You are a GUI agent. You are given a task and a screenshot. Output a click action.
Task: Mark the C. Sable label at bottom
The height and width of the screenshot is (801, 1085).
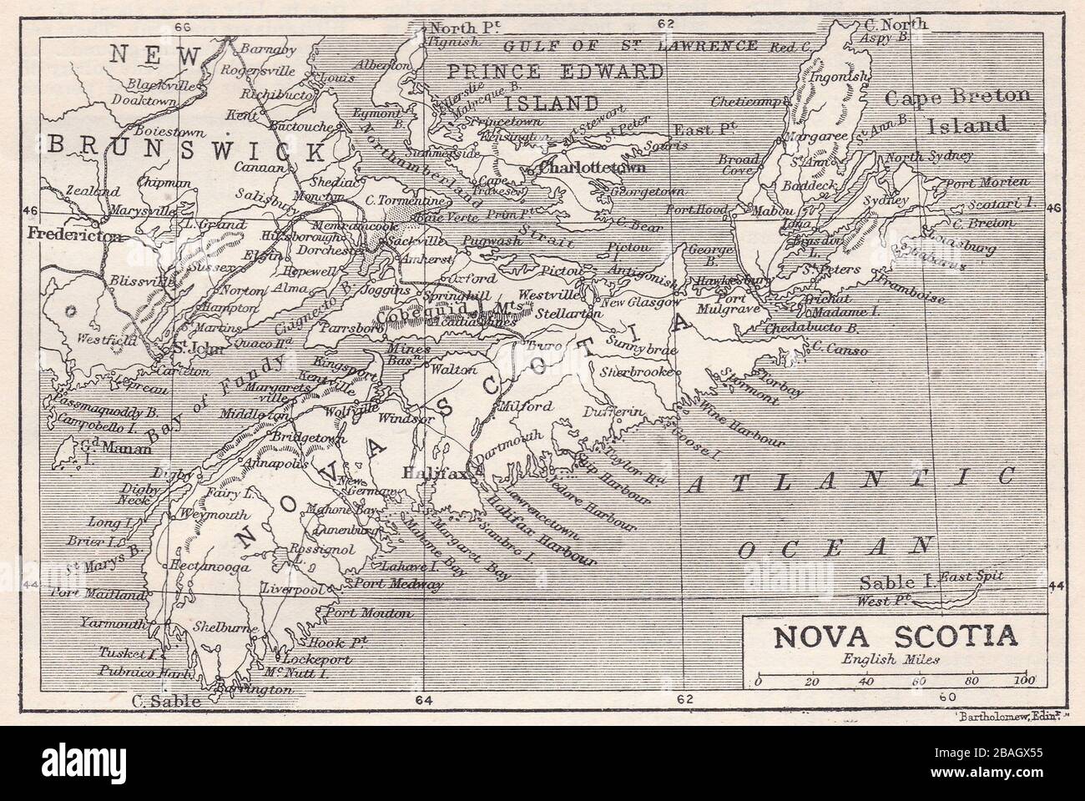167,702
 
